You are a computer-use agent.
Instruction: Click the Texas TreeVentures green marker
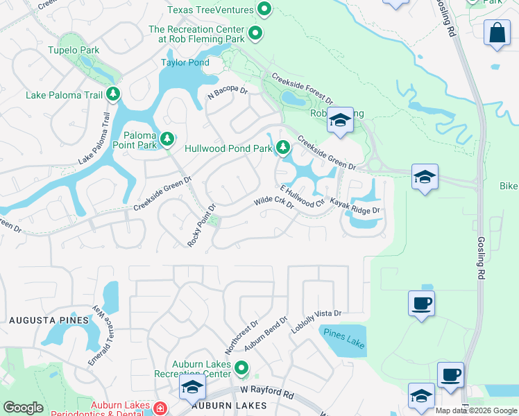coord(264,10)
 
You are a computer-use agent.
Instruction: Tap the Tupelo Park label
coord(74,51)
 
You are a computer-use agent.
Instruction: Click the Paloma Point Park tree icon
coord(167,139)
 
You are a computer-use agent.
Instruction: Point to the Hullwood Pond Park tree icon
coord(282,147)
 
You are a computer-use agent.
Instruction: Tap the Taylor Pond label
coord(185,62)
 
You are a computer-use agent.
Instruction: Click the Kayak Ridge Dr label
coord(355,205)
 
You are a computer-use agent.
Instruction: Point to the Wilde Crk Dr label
coord(274,203)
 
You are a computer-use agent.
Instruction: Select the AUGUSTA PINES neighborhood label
coord(49,320)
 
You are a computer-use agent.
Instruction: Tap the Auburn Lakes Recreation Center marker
coord(241,368)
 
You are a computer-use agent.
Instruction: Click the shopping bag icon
coord(497,33)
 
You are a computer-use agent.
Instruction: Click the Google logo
coord(23,408)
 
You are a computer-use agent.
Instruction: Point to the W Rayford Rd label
coord(267,393)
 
